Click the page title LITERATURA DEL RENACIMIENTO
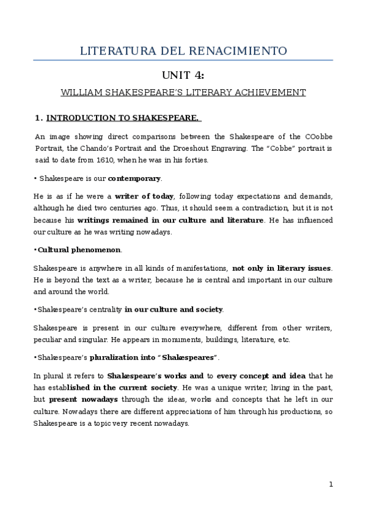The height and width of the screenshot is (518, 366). tap(183, 51)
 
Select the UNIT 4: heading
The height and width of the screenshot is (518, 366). tap(183, 76)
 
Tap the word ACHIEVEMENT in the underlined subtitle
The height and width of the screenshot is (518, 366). tap(271, 93)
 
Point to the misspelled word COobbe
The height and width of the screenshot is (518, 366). tap(318, 136)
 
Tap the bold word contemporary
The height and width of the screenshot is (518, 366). tap(134, 179)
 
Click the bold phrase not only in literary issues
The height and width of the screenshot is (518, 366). tap(282, 268)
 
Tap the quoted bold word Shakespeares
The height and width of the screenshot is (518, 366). tap(189, 357)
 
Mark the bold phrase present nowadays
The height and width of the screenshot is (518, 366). tap(75, 399)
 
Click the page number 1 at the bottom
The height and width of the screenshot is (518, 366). tap(331, 484)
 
